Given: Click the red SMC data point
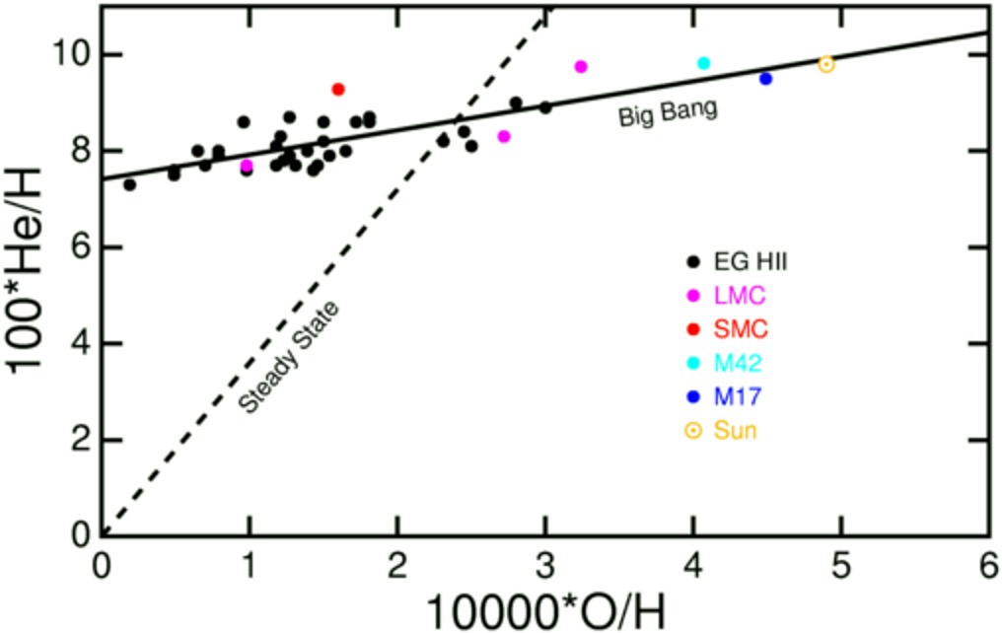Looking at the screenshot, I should click(338, 89).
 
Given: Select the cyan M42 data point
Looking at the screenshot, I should click(703, 63).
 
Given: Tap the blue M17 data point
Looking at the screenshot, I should click(765, 79).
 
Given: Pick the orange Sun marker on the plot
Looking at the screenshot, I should click(826, 64).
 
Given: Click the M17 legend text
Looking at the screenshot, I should click(738, 396).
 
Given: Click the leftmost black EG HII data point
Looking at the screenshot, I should click(129, 184).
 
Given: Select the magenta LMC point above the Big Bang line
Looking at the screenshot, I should click(581, 66).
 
